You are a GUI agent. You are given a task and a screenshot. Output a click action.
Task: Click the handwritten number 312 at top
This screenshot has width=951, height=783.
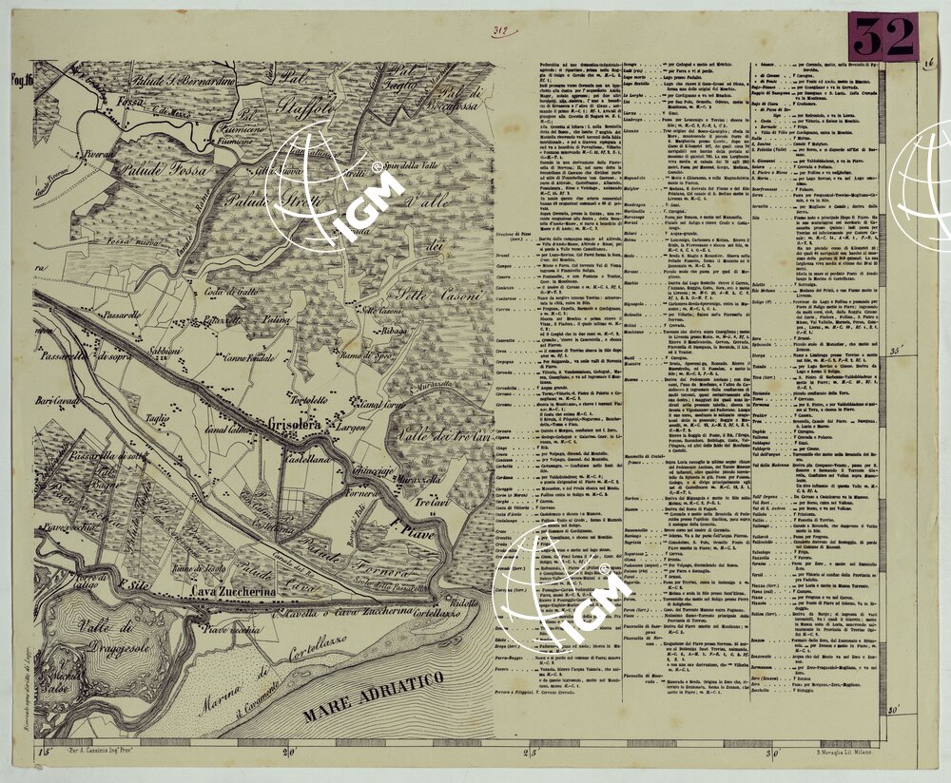(498, 30)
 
